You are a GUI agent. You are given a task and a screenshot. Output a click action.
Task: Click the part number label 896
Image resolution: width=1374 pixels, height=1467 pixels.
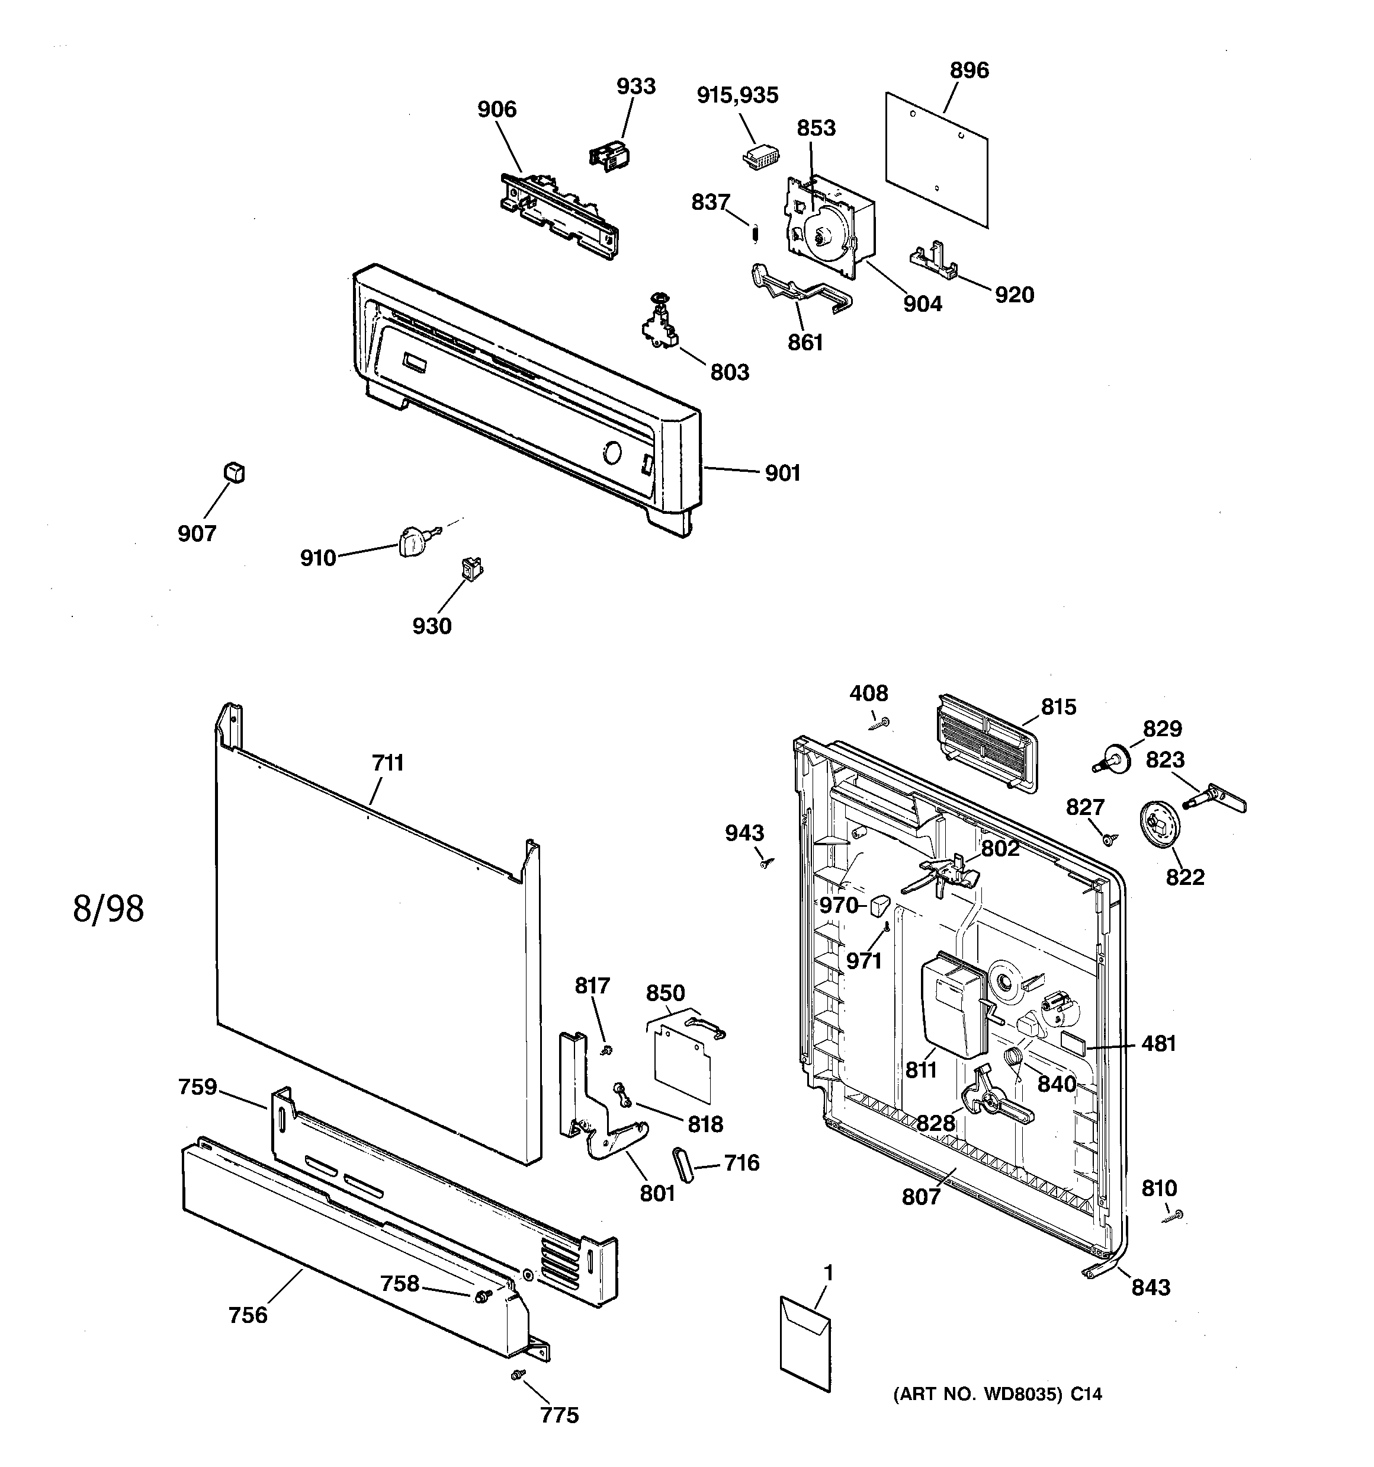[968, 71]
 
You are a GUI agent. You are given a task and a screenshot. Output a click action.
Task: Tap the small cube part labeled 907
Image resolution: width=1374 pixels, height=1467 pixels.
[234, 472]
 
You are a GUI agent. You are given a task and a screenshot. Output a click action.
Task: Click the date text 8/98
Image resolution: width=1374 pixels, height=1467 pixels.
[108, 909]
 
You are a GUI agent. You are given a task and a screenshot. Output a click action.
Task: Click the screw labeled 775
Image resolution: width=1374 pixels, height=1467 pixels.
[518, 1375]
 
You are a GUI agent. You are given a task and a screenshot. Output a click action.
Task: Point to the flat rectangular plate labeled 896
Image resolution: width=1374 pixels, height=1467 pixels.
[937, 159]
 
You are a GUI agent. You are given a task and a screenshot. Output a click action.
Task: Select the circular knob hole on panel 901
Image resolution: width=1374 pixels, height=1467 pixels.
[611, 452]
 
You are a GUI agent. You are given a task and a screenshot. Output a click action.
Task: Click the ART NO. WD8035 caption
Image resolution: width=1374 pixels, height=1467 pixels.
[997, 1394]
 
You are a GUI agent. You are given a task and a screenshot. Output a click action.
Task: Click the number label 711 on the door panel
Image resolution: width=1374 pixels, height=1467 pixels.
[388, 763]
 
